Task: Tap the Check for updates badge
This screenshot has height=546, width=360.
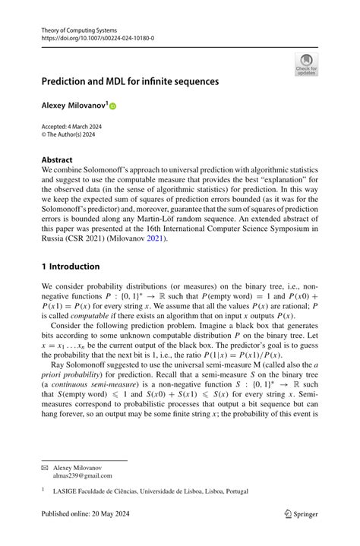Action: pyautogui.click(x=306, y=64)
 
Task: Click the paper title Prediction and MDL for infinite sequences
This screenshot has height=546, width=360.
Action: pyautogui.click(x=130, y=80)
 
